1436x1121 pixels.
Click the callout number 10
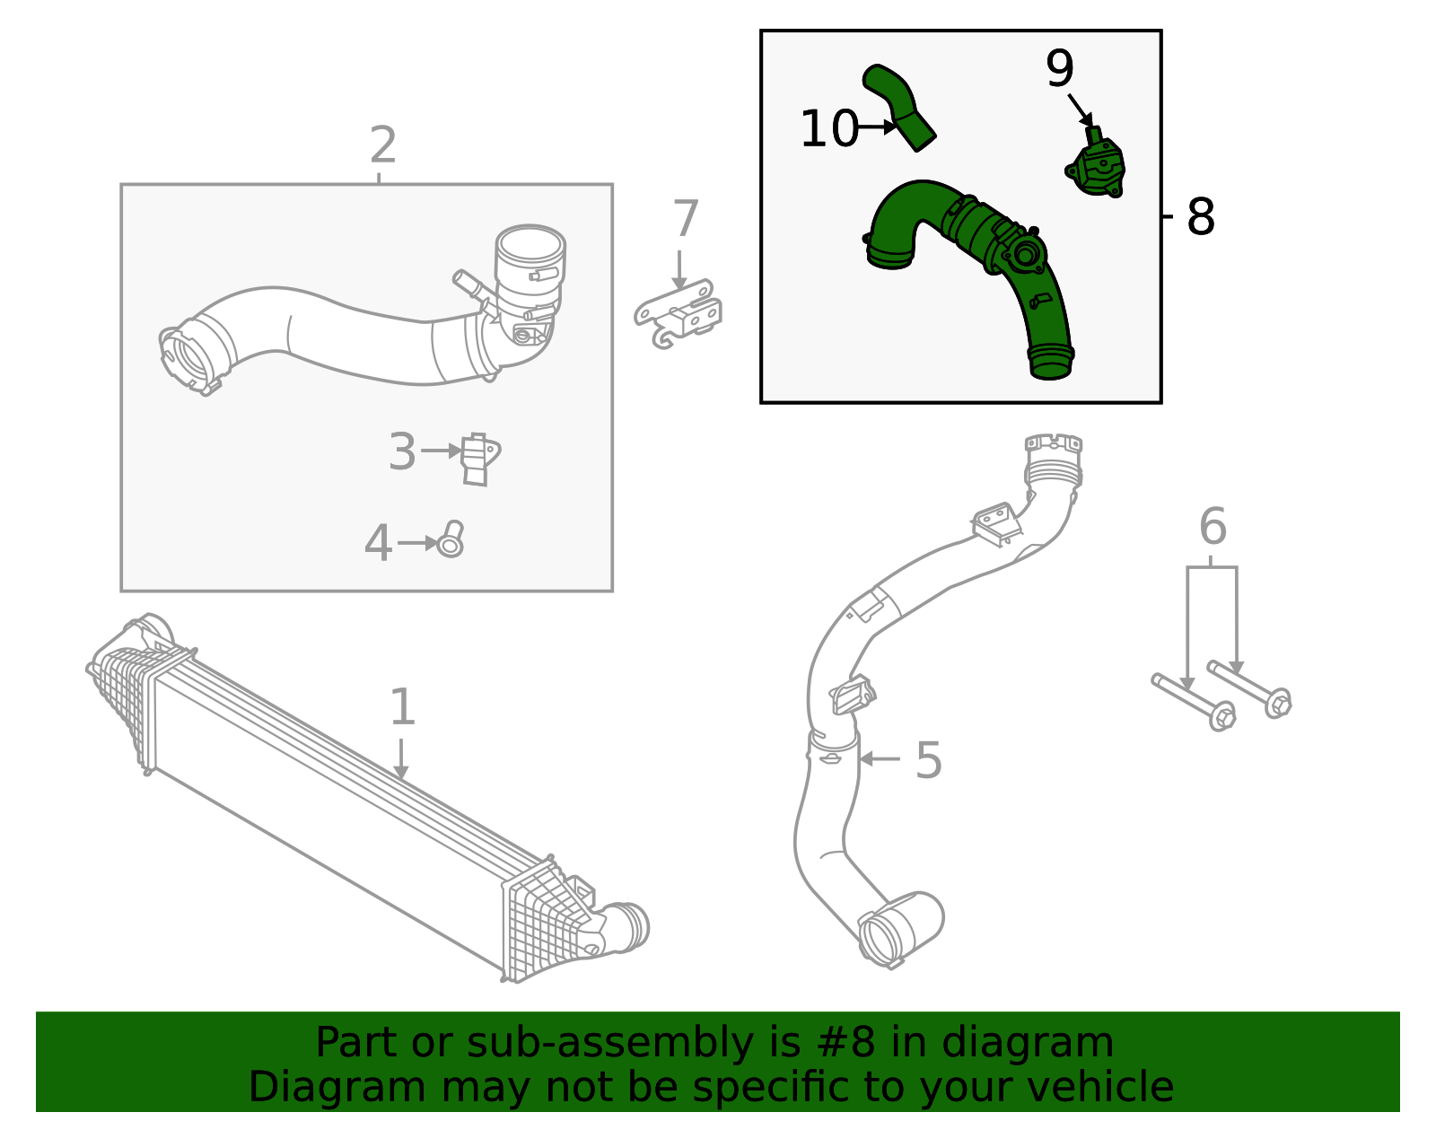tap(828, 129)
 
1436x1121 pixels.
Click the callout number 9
tap(1059, 69)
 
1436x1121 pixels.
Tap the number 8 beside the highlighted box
tap(1200, 217)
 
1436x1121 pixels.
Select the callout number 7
tap(685, 220)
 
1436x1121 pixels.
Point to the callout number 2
tap(383, 145)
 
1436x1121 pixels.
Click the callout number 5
tap(929, 761)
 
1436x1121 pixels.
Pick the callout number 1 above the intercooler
tap(402, 707)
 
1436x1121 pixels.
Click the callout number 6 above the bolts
tap(1213, 527)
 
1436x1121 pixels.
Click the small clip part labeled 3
tap(478, 459)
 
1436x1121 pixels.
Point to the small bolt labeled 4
tap(451, 540)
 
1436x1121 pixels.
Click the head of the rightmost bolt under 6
tap(1278, 703)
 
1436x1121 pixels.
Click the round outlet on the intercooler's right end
tap(628, 927)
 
